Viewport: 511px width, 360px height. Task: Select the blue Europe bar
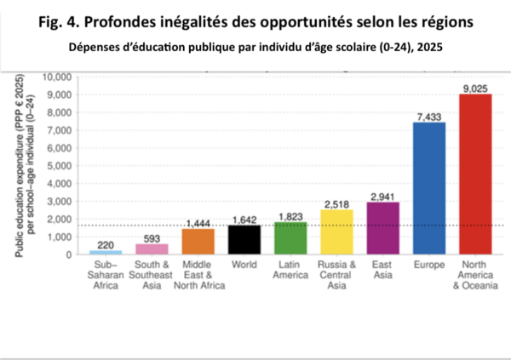[x=428, y=188]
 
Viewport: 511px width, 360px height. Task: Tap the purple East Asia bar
[x=382, y=228]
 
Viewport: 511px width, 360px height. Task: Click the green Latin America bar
[x=290, y=238]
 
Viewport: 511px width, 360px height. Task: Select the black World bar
[x=244, y=240]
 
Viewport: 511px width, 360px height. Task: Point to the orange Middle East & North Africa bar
[x=198, y=242]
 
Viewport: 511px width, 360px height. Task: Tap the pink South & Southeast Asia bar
[x=152, y=249]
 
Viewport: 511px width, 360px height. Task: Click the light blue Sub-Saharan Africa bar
[x=106, y=252]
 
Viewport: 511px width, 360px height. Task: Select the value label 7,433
[x=428, y=115]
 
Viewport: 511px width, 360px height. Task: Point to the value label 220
[x=106, y=243]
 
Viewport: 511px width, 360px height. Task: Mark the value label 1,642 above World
[x=244, y=219]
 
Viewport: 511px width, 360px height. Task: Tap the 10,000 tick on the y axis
[x=63, y=77]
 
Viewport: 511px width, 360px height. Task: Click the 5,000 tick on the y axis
[x=66, y=165]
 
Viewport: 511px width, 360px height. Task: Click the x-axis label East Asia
[x=382, y=271]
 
